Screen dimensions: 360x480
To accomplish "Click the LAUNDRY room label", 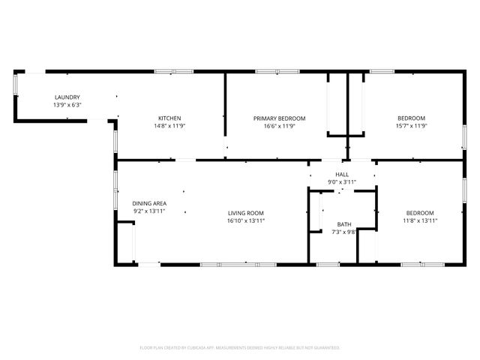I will click(67, 97).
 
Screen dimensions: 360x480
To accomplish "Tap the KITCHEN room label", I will click(169, 118).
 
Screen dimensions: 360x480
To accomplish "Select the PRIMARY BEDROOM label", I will click(279, 118).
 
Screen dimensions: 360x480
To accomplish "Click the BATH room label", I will click(343, 224).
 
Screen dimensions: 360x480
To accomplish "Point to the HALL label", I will click(342, 174).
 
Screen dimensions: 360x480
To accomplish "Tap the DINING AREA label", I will click(149, 203).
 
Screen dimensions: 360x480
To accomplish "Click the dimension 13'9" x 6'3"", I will click(67, 105).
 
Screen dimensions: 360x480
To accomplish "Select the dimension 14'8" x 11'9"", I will click(169, 126).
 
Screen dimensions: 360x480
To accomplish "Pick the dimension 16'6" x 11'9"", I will click(279, 126).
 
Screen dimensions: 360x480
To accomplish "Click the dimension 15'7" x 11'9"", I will click(411, 126).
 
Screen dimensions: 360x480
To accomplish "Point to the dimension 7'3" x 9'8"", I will click(343, 232).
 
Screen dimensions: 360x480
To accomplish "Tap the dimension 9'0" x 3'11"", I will click(342, 181).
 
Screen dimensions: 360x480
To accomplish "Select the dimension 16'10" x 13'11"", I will click(246, 220).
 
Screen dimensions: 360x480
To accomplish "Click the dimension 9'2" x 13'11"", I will click(149, 211).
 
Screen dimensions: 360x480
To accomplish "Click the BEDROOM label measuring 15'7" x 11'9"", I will click(411, 118).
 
